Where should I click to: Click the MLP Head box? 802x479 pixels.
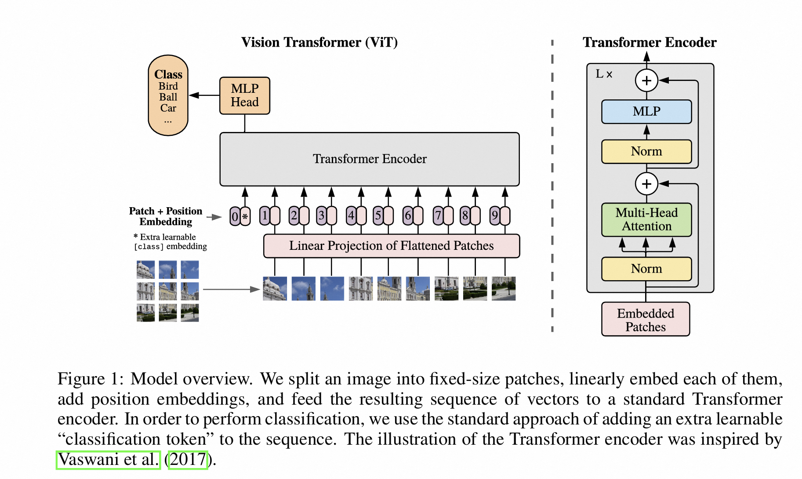tap(245, 95)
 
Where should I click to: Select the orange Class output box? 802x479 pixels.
tap(168, 95)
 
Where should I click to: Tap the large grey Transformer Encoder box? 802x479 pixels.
tap(370, 159)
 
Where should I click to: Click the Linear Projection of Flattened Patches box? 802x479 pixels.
tap(392, 246)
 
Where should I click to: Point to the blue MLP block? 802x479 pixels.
tap(646, 112)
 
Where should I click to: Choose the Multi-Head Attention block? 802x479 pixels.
tap(646, 219)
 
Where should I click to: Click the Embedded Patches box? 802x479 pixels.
tap(646, 319)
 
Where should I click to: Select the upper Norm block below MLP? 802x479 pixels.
tap(646, 152)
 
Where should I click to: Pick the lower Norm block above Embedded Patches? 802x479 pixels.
tap(646, 269)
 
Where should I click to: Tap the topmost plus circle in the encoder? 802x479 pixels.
tap(646, 80)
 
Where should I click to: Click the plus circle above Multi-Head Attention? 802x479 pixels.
tap(646, 184)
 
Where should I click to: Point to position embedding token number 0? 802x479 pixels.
tap(235, 216)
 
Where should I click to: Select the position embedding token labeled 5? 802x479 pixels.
tap(378, 216)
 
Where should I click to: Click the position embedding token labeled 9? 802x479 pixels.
tap(495, 216)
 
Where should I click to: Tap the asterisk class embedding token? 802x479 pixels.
tap(245, 216)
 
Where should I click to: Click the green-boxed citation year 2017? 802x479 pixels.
tap(188, 460)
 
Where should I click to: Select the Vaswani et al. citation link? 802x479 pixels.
tap(108, 460)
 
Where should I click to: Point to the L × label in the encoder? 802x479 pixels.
tap(604, 74)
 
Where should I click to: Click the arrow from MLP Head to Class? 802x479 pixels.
tap(204, 95)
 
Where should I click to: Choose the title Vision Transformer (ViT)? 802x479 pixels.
tap(319, 42)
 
